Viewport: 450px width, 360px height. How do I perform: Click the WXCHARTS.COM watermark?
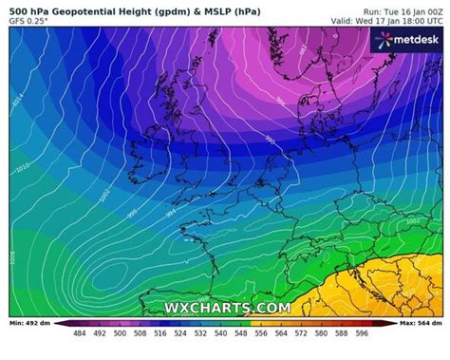227,308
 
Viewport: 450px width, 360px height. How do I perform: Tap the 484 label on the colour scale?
79,333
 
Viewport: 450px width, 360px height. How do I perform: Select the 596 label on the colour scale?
361,333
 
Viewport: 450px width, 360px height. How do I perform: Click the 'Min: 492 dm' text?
29,325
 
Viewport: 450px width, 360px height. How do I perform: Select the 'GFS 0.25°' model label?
29,20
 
